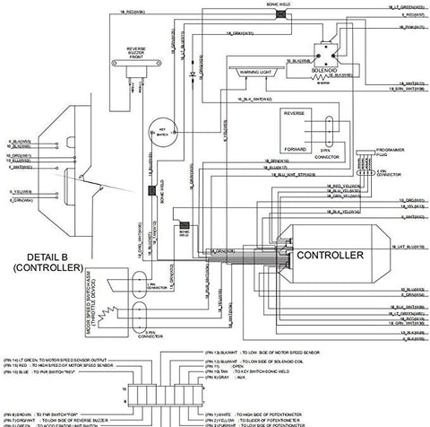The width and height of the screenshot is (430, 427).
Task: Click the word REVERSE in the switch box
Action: pyautogui.click(x=295, y=115)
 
